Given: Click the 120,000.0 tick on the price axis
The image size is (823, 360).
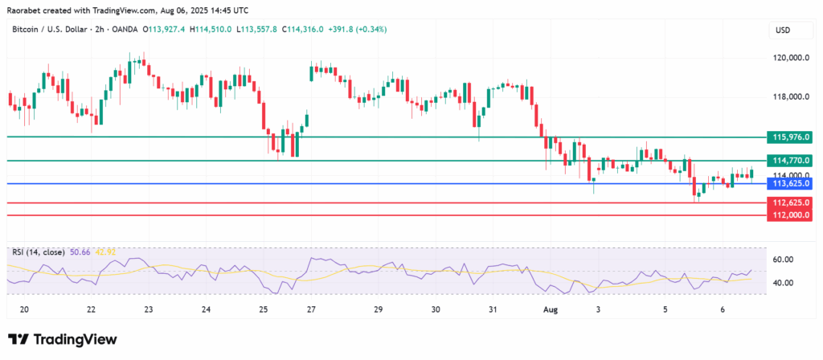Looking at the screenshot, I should [x=787, y=59].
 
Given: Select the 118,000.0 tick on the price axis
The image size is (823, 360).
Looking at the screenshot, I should [x=787, y=97].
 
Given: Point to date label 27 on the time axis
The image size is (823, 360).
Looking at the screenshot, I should [x=310, y=309].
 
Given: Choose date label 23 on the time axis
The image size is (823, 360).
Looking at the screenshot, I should [x=149, y=309].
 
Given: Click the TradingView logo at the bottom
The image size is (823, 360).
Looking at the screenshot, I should [x=63, y=340].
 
